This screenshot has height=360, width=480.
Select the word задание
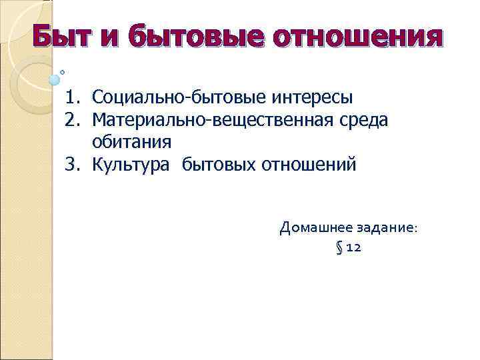(x=383, y=227)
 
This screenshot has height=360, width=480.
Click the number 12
(x=354, y=249)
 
